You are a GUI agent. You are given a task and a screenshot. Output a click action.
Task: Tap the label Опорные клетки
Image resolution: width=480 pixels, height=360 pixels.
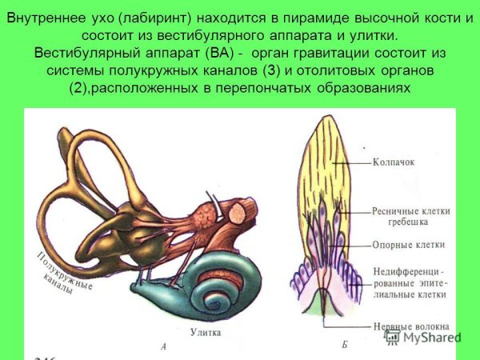[x=409, y=245]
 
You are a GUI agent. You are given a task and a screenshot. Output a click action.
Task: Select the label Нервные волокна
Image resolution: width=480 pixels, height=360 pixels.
[x=411, y=326]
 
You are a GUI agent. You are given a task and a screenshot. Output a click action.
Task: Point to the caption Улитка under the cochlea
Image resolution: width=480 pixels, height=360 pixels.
[x=206, y=331]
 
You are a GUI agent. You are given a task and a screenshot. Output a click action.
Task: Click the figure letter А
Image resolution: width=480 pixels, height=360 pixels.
[x=162, y=346]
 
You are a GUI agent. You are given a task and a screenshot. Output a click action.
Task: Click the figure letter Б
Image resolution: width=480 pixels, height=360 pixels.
[x=344, y=346]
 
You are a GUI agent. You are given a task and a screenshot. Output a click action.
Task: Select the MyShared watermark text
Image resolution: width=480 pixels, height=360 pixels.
[x=432, y=337]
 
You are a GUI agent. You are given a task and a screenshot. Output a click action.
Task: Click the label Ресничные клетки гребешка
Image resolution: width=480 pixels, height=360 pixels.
[x=411, y=217]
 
